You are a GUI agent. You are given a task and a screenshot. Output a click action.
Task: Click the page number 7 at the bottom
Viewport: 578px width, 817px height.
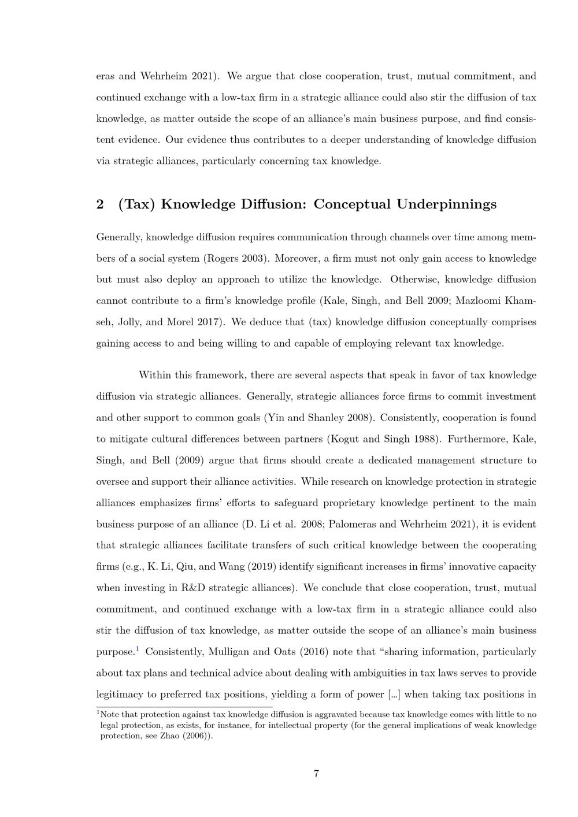pyautogui.click(x=316, y=774)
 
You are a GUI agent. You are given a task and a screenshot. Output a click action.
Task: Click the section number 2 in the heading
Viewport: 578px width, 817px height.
pyautogui.click(x=100, y=205)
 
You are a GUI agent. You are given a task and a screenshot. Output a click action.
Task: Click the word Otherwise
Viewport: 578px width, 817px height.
pyautogui.click(x=414, y=280)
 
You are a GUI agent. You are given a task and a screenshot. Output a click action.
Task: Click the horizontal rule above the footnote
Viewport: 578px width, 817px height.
pyautogui.click(x=184, y=707)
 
